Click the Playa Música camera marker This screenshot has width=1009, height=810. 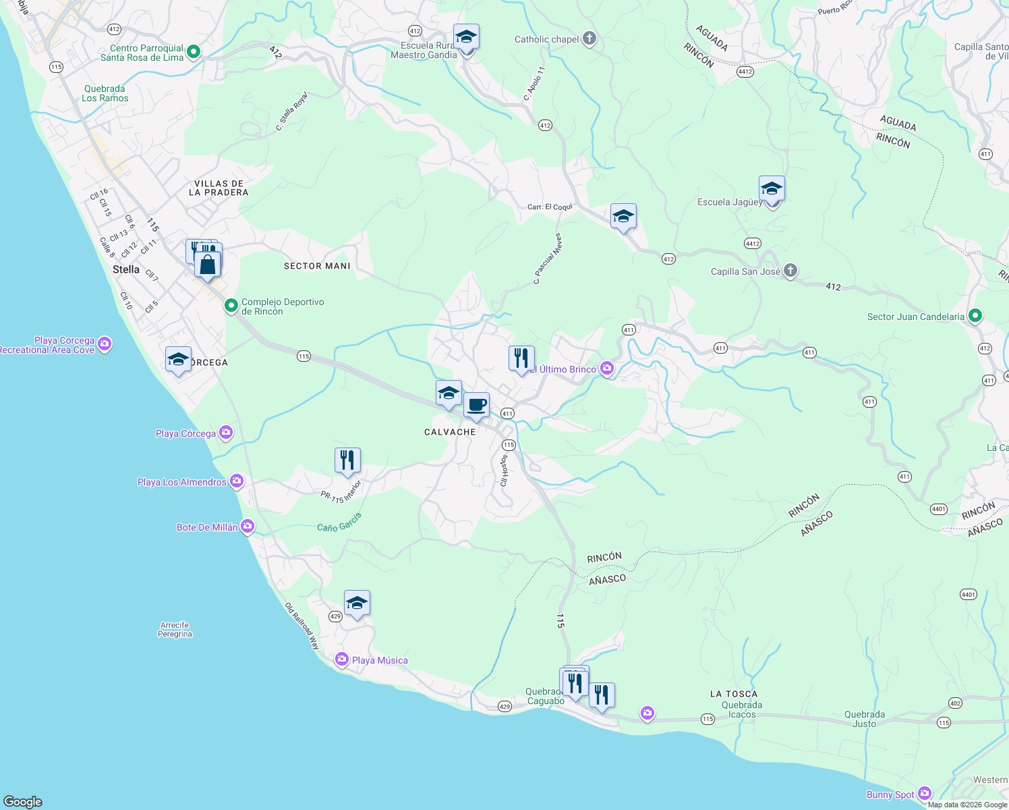pos(342,659)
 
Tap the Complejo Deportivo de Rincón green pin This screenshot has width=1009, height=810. pos(231,306)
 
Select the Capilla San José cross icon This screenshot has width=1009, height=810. pos(790,271)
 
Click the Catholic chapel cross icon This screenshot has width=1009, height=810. pos(589,38)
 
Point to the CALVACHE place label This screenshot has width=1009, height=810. pos(450,432)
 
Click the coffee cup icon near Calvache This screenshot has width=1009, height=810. pos(476,405)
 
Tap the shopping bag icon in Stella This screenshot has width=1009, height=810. pos(208,264)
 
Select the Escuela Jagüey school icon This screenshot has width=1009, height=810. pos(771,189)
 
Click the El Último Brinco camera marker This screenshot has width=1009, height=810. pos(607,369)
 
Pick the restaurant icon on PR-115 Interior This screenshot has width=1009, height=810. pos(347,460)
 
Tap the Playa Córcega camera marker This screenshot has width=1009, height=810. pos(225,432)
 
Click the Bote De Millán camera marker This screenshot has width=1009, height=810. pos(248,526)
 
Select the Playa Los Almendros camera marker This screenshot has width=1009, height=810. pos(236,481)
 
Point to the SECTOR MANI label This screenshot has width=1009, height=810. pos(317,266)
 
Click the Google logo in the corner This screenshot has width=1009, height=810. pos(23,801)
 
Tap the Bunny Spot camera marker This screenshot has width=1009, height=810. pos(925,794)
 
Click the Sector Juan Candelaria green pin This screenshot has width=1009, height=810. pos(975,316)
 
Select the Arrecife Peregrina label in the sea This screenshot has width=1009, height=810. pos(175,630)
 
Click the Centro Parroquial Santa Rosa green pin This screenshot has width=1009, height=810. pos(194,52)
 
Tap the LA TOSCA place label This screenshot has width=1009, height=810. pos(733,694)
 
